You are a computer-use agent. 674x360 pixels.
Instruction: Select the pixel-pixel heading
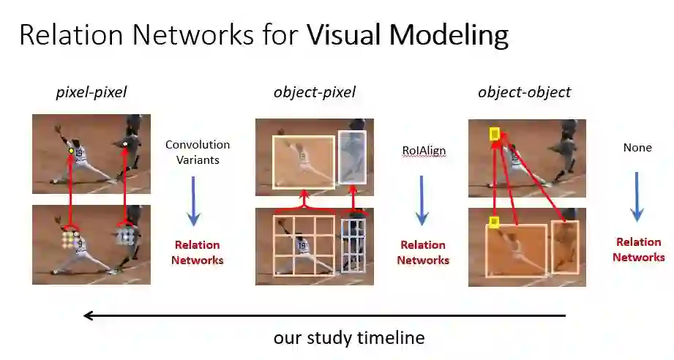click(x=91, y=92)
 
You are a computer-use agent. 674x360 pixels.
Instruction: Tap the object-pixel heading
click(x=315, y=92)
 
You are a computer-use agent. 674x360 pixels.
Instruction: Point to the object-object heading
click(x=524, y=92)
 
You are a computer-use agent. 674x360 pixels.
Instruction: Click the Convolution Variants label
click(x=198, y=151)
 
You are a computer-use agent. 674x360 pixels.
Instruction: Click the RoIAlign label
click(x=424, y=151)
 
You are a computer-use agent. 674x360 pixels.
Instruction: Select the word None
click(x=637, y=148)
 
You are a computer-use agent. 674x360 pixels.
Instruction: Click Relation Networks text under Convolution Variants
click(x=198, y=252)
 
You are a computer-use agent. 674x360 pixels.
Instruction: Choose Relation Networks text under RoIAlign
click(x=424, y=252)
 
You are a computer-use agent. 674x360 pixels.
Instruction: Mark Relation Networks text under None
click(x=639, y=250)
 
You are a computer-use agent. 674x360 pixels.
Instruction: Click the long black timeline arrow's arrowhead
click(x=89, y=315)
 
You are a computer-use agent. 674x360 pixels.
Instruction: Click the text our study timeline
click(x=349, y=338)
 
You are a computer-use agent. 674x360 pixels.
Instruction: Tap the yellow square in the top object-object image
click(x=495, y=134)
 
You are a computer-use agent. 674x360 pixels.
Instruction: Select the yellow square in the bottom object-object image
click(x=494, y=221)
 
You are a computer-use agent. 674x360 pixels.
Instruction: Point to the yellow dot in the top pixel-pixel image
click(x=71, y=151)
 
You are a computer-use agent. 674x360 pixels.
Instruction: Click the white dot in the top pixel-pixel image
click(x=125, y=145)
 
